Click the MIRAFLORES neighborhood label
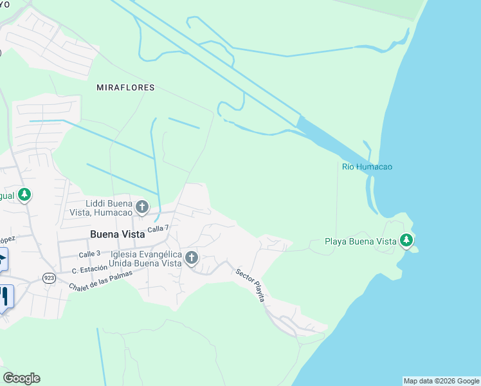[x=125, y=87]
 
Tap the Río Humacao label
[x=367, y=167]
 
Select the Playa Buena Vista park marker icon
[x=406, y=241]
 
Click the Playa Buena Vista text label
[x=359, y=242]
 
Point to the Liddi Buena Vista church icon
[x=142, y=207]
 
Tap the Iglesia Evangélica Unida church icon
[x=191, y=258]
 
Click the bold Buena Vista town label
[x=118, y=234]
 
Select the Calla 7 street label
[x=158, y=228]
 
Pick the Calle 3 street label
[x=90, y=254]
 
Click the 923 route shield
[x=49, y=277]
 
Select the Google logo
[x=21, y=378]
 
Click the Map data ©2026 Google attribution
[x=441, y=381]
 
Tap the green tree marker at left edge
[x=24, y=194]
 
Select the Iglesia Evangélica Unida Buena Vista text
[x=145, y=259]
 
